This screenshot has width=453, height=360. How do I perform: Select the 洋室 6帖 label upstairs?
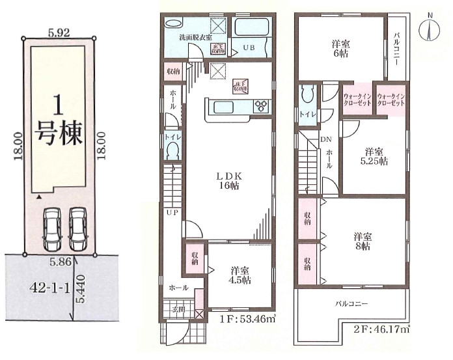tap(340, 49)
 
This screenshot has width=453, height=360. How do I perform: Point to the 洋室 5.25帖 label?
tap(376, 154)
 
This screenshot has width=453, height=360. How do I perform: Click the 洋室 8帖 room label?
tap(363, 241)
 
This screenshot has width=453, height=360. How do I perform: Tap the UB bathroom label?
tap(249, 48)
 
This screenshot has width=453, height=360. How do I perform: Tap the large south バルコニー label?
tap(351, 303)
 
